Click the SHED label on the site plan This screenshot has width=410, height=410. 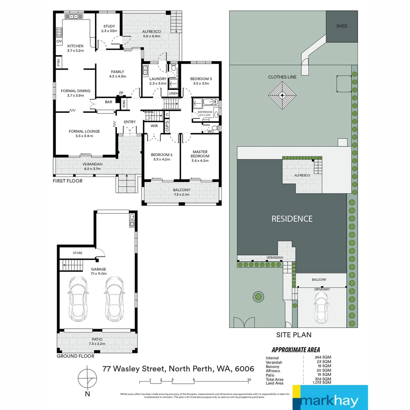pos(342,26)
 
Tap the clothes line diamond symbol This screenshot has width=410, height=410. pos(282,96)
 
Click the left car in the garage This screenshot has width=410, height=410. pos(78,298)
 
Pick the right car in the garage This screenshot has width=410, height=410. pos(114,298)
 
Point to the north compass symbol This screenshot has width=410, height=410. pos(87,378)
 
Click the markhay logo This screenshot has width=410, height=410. pos(330,397)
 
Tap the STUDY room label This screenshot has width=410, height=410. pos(109,26)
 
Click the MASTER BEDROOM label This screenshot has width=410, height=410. pos(200,154)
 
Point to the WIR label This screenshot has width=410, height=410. pos(154,126)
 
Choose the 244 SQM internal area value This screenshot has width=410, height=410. pos(323,358)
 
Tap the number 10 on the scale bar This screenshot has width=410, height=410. pos(249,380)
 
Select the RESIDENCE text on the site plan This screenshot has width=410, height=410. pos(292,219)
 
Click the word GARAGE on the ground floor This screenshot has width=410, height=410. pos(98,269)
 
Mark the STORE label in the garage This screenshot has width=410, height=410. pos(77,253)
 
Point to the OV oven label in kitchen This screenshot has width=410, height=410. pos(59,41)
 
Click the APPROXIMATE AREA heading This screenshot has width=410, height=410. pos(296,350)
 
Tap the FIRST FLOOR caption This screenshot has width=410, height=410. pos(68,181)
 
